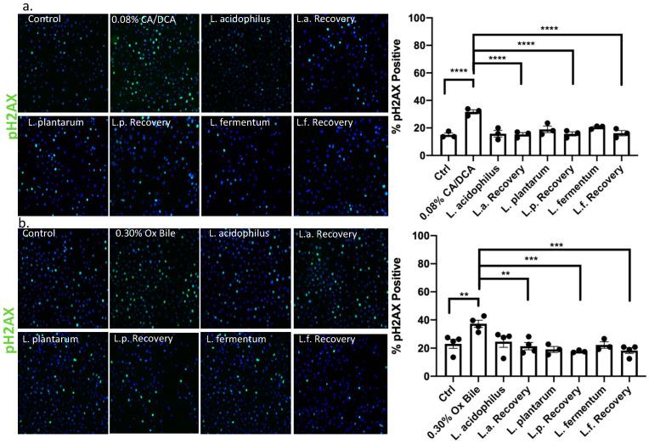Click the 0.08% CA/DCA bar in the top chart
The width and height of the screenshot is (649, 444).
tap(473, 133)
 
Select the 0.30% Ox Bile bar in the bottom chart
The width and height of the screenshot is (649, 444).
tap(479, 350)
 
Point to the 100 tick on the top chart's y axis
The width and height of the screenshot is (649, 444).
tap(428, 19)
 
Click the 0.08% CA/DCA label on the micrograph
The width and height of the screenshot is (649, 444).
tap(147, 19)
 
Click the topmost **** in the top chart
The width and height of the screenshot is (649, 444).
tap(548, 30)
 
